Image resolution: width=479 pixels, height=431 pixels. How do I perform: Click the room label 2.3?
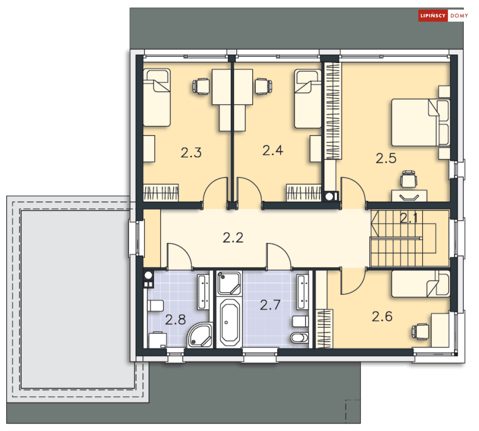coord(191,153)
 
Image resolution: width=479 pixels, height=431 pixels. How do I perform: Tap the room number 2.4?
coord(272,151)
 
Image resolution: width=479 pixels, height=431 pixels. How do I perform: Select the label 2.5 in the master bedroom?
coord(386,158)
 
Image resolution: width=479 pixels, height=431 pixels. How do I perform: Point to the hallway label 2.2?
coord(233,237)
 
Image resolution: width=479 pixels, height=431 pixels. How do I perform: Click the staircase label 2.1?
coord(410,218)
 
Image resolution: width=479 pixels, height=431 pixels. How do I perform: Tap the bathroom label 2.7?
coord(270,305)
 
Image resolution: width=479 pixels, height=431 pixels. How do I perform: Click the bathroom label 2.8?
coord(175,320)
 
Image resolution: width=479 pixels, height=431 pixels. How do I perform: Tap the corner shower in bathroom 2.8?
coord(199,335)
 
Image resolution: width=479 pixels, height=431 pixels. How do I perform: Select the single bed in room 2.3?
coord(157,97)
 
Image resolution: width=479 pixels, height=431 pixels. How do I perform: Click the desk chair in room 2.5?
coord(409,180)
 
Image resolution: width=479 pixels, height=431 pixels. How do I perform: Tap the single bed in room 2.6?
coord(420,284)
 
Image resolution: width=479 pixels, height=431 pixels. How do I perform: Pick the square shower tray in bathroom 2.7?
coord(229,283)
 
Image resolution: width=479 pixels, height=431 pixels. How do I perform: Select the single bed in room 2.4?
coord(308,98)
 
